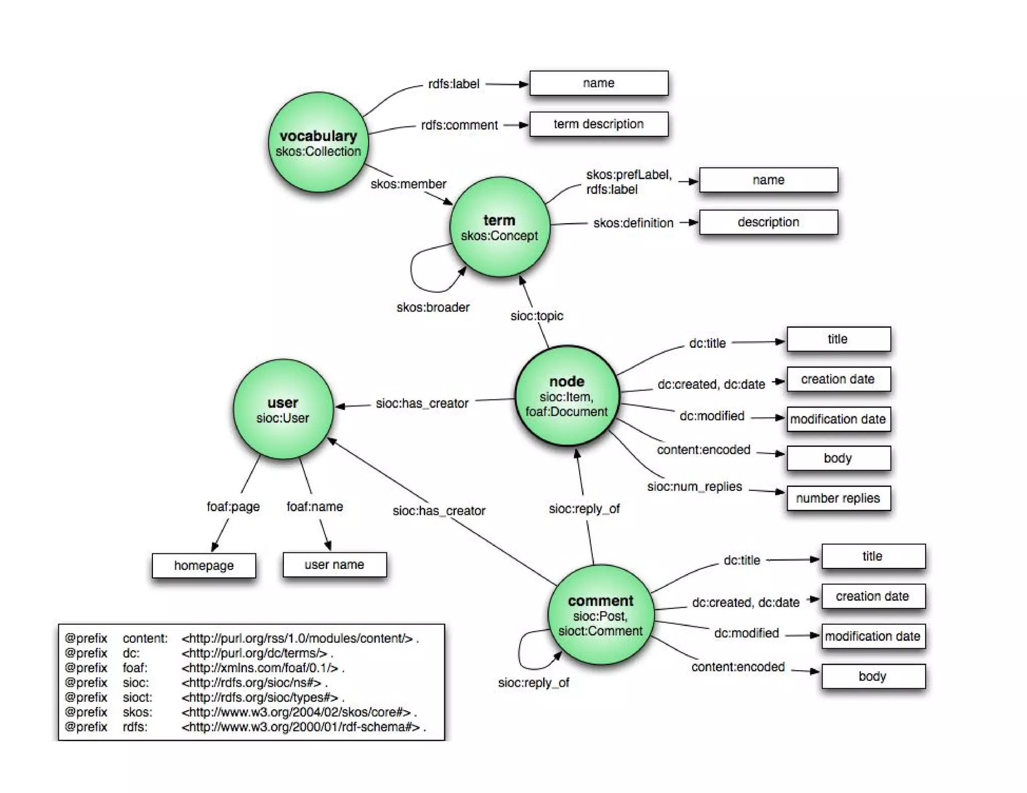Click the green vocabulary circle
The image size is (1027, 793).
tap(318, 142)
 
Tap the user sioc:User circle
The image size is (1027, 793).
tap(283, 410)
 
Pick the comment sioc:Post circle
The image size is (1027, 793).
tap(600, 615)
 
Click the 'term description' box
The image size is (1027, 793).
tap(599, 124)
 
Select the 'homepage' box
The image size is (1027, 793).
tap(204, 565)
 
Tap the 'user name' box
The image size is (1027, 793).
tap(334, 564)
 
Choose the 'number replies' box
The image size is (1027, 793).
tap(838, 498)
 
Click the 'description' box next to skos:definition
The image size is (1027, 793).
tap(768, 222)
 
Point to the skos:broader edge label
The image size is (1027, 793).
tap(433, 307)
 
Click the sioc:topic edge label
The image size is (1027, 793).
tap(537, 316)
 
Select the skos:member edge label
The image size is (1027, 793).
tap(408, 184)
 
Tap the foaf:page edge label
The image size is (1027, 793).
tap(233, 506)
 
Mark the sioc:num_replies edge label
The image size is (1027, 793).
tap(694, 486)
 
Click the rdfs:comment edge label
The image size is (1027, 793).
tap(459, 125)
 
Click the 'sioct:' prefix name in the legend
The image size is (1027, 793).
tap(137, 697)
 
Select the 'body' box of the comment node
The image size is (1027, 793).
tap(873, 676)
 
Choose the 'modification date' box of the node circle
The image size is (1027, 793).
tap(838, 419)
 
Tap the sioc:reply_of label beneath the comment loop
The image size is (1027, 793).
tap(534, 683)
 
